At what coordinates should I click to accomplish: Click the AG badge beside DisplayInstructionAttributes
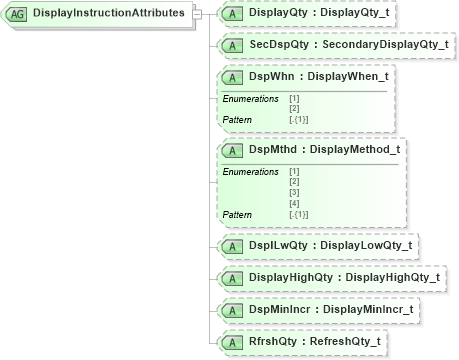pos(17,13)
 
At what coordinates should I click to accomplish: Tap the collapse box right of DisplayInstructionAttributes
pos(196,13)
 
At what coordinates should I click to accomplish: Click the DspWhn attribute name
pos(269,77)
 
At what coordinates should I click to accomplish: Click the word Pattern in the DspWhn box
pos(237,120)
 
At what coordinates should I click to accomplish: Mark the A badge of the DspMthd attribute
pos(232,150)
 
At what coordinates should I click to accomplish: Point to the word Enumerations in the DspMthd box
pos(250,172)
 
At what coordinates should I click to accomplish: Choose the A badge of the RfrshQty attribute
pos(232,341)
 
